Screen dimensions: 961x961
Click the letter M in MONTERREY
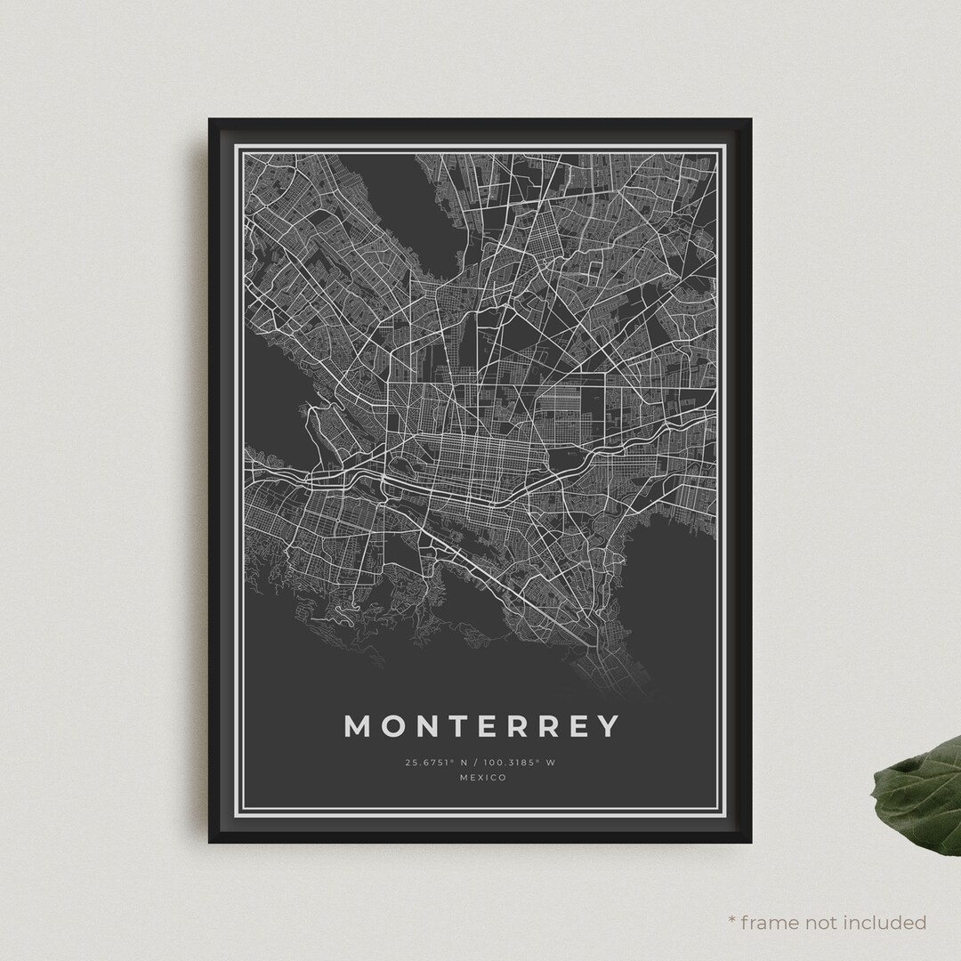click(x=358, y=726)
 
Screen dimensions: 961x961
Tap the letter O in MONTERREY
click(x=397, y=726)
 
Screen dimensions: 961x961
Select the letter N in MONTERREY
click(x=433, y=726)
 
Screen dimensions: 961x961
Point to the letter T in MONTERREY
click(x=466, y=726)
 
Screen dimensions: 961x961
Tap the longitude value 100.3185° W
click(x=526, y=763)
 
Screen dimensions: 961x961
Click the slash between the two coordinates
click(x=480, y=763)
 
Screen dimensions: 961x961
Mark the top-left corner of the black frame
click(x=210, y=120)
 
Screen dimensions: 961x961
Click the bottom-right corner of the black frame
click(x=751, y=841)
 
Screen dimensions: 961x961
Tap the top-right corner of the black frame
click(x=751, y=120)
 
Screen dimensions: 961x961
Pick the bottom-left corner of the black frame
click(x=210, y=841)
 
